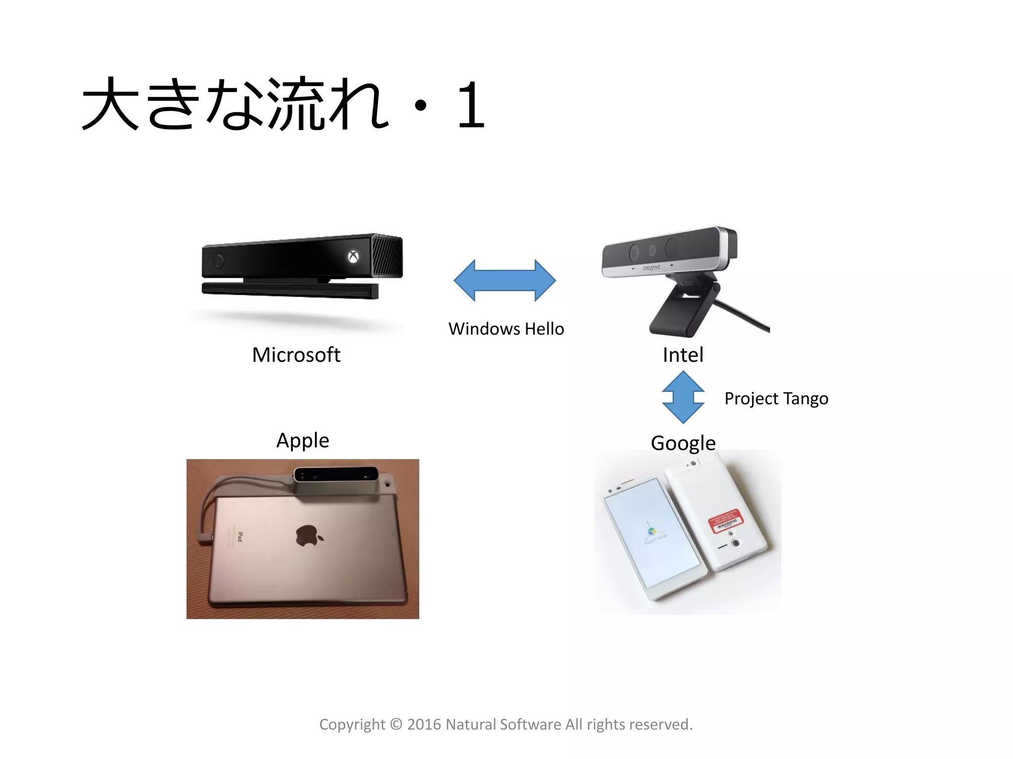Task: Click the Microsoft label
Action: pos(296,355)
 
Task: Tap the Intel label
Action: pos(683,355)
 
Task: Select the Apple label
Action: pos(302,440)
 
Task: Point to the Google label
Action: pos(683,443)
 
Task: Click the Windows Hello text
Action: pos(506,329)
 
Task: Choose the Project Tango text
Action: pos(776,398)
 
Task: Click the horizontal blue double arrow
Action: pos(505,280)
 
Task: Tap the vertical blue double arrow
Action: pos(683,397)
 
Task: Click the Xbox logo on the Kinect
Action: pos(353,256)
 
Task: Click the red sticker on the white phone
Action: pos(726,521)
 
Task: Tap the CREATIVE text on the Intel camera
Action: pos(651,268)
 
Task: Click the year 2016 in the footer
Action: pos(423,724)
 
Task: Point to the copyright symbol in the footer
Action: pos(396,724)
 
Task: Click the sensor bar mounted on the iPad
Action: pos(336,476)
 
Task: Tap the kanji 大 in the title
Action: pos(110,104)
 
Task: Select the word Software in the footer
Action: pos(530,724)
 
